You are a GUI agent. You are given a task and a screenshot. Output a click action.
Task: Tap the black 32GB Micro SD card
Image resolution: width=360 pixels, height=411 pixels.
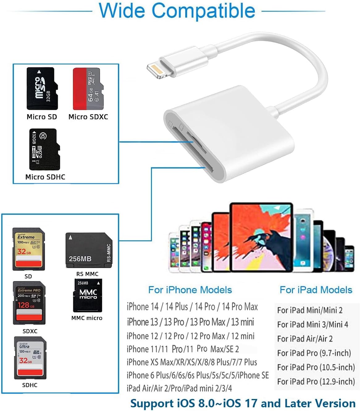point(42,89)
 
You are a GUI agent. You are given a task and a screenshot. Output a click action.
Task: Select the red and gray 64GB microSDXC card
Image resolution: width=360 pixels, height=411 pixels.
point(88,89)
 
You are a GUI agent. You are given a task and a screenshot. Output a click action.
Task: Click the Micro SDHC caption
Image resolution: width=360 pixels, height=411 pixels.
point(45,177)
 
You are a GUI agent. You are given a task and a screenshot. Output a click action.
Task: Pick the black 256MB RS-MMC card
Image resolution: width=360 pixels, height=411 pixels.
point(89,250)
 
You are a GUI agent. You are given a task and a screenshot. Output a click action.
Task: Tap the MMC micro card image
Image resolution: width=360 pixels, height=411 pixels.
point(87,296)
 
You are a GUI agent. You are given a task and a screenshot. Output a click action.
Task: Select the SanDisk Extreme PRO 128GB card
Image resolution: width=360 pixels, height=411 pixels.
point(29,303)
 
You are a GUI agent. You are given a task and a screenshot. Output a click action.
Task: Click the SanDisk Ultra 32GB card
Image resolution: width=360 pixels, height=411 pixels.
point(30,358)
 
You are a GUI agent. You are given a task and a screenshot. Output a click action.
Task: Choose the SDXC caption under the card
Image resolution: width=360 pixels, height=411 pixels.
point(30,331)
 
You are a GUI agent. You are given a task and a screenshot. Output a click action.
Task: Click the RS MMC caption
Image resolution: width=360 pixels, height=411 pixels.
point(87,274)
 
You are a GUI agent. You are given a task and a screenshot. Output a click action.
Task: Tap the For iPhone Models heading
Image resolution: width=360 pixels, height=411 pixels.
point(190,290)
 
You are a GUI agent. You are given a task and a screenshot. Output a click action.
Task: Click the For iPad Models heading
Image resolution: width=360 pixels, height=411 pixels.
point(316,290)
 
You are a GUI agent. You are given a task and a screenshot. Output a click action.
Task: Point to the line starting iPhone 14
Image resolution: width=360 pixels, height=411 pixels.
point(192,307)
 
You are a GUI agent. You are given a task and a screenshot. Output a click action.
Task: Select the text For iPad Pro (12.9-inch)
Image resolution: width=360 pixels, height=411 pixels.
point(316,381)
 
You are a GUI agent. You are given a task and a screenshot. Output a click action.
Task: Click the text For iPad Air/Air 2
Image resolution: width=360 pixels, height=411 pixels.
point(305,338)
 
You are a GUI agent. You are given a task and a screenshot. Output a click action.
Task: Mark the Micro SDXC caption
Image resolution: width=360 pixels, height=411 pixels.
point(88,117)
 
